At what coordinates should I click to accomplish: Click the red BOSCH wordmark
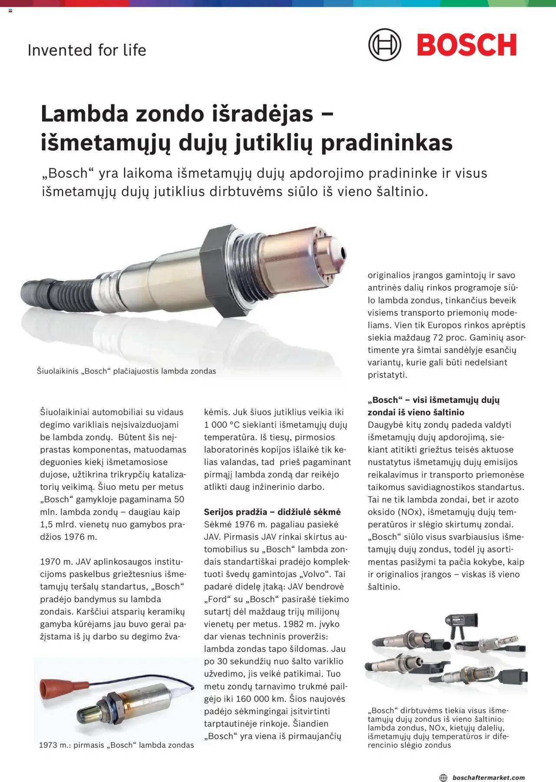[x=467, y=45]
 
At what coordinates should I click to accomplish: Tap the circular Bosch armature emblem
[x=384, y=45]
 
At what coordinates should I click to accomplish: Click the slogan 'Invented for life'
[x=87, y=50]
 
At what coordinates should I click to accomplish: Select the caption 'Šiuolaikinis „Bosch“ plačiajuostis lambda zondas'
[x=126, y=371]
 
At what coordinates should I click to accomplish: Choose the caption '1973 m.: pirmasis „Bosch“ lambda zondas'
[x=116, y=745]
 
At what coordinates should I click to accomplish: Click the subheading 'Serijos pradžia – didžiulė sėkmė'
[x=272, y=512]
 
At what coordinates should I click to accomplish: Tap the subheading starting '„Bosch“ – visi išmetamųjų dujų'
[x=434, y=400]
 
